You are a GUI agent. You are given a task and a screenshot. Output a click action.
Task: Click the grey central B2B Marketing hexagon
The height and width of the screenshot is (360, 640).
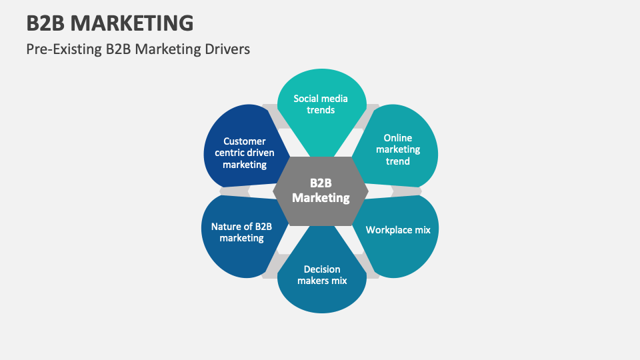tap(321, 191)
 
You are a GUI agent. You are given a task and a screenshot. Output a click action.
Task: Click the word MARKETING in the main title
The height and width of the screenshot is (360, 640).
tap(132, 23)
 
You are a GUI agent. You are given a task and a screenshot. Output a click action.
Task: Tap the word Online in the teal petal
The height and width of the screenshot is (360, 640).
tap(398, 138)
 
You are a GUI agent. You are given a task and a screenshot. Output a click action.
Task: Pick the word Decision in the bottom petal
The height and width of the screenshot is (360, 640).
tap(322, 269)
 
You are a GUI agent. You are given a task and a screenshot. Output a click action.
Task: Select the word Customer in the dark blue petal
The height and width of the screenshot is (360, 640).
tap(245, 141)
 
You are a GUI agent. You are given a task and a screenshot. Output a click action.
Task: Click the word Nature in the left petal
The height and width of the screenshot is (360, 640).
tap(225, 227)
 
